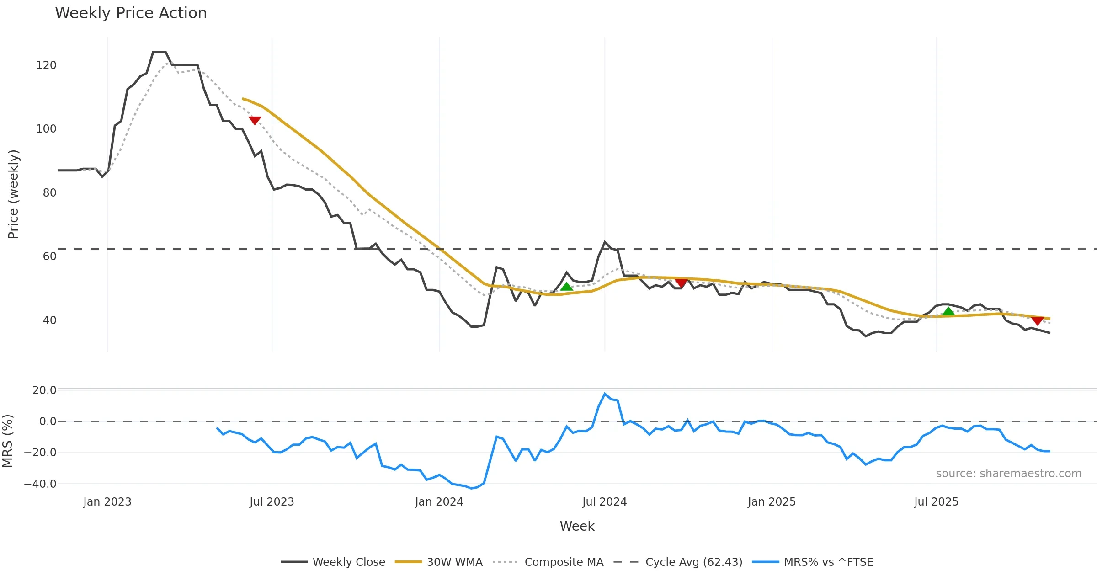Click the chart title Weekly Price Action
point(131,13)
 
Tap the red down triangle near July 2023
point(255,120)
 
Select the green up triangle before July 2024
point(566,287)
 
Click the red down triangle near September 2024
point(681,283)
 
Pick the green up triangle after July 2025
point(948,312)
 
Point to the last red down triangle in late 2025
point(1038,320)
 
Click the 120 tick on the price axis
point(46,65)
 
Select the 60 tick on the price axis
point(49,256)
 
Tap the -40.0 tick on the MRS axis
point(40,484)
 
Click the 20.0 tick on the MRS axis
point(44,390)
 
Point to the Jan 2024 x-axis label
point(439,502)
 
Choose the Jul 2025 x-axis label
point(936,502)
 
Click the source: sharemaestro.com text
point(1008,474)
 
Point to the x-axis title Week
point(577,526)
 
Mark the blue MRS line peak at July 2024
point(605,394)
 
